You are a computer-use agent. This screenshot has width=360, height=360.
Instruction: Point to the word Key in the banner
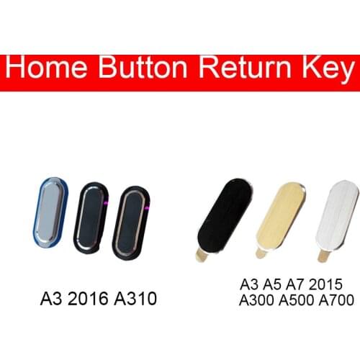pyautogui.click(x=330, y=72)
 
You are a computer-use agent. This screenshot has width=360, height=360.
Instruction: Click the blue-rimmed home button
pyautogui.click(x=50, y=213)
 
